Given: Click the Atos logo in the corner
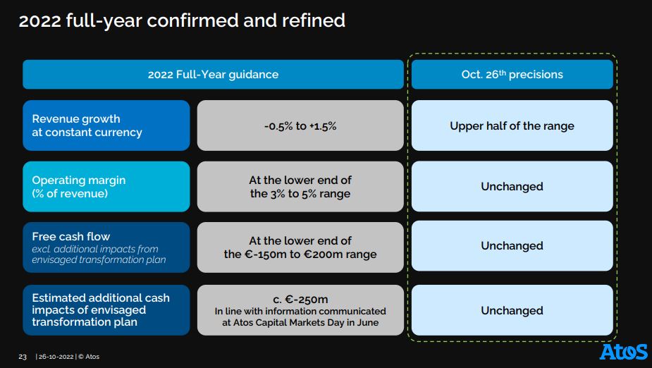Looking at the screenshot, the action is point(623,352).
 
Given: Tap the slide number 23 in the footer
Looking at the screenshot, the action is point(23,357).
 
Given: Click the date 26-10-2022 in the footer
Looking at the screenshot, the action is point(56,357).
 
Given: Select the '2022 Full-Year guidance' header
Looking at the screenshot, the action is point(213,75).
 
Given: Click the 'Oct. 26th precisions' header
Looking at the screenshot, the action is point(512,75).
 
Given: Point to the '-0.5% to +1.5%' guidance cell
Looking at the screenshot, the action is point(300,125).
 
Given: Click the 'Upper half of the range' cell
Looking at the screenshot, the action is point(512,125).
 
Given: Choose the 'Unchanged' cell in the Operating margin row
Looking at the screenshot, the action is point(512,186).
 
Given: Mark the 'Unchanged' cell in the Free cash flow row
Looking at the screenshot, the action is point(512,246).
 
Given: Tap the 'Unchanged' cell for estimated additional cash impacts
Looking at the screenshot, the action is point(512,310).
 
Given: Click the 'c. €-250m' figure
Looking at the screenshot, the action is point(300,300).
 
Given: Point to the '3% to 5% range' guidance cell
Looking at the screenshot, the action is point(300,187).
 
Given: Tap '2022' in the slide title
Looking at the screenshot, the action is point(39,20).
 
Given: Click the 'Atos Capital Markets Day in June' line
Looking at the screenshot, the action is point(300,322).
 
